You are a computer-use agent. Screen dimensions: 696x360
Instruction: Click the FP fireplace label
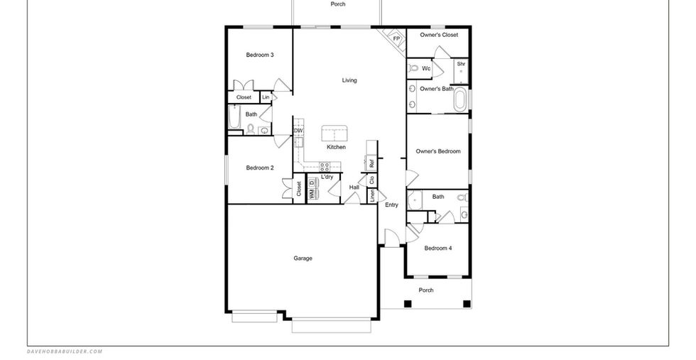click(396, 38)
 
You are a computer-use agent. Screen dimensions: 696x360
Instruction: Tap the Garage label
click(303, 258)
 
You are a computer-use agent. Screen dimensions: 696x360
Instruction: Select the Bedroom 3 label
click(260, 55)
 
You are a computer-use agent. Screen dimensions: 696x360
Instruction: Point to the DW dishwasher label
click(298, 131)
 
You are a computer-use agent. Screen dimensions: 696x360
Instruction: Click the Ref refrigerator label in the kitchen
click(371, 163)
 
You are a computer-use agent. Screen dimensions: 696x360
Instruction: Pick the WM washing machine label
click(312, 194)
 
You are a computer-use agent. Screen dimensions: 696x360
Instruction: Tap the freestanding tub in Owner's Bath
click(460, 100)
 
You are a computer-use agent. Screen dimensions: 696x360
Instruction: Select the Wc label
click(426, 68)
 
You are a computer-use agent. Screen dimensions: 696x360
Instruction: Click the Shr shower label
click(461, 64)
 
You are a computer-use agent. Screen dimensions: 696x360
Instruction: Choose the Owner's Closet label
click(439, 35)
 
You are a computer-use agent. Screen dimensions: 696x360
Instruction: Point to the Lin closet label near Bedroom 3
click(266, 97)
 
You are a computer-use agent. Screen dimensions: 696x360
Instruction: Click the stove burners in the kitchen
click(325, 167)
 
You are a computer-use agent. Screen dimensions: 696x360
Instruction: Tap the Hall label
click(354, 187)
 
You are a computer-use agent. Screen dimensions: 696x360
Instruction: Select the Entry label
click(391, 204)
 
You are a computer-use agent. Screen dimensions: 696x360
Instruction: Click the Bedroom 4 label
click(438, 248)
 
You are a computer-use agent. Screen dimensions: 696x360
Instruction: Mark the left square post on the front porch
click(408, 304)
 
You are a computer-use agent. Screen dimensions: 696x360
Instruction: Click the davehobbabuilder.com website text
click(65, 351)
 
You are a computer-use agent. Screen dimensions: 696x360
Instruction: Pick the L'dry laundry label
click(327, 177)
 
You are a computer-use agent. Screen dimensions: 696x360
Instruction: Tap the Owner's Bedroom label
click(438, 151)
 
